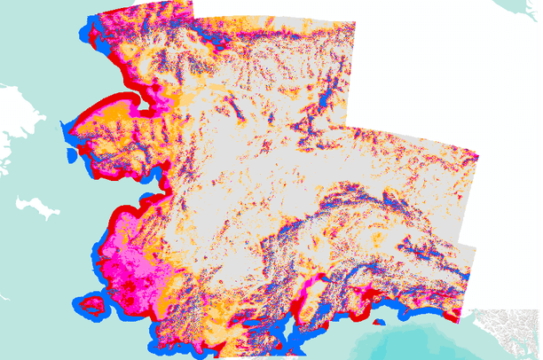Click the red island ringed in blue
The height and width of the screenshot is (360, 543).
pyautogui.click(x=90, y=306)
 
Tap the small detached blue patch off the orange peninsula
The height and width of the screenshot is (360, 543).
pyautogui.click(x=66, y=129)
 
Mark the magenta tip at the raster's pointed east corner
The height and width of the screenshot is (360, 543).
pyautogui.click(x=476, y=156)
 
